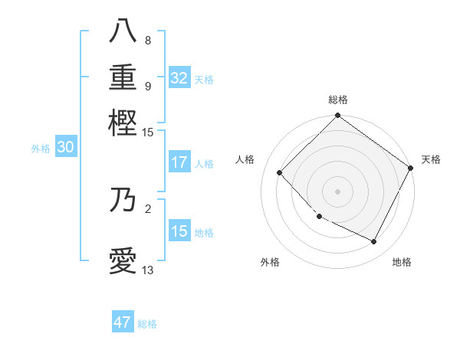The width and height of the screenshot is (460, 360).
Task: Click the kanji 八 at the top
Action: click(123, 32)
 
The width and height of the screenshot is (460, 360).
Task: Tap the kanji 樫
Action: click(123, 121)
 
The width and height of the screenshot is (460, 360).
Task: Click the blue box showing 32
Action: click(179, 78)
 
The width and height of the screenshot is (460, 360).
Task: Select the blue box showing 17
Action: click(179, 162)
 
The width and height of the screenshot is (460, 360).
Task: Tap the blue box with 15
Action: click(179, 231)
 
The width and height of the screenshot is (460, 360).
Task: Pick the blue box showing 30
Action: click(65, 148)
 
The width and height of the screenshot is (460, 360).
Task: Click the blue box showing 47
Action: click(123, 322)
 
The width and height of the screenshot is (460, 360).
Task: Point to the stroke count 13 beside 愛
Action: click(147, 270)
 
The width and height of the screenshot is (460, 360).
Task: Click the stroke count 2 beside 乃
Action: click(147, 208)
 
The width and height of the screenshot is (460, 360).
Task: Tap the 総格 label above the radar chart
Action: click(337, 100)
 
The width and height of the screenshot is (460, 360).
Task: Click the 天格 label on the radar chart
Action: click(431, 159)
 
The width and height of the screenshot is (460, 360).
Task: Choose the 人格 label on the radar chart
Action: click(245, 159)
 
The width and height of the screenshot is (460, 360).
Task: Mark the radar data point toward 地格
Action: click(374, 242)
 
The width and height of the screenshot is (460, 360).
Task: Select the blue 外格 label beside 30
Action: click(41, 149)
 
